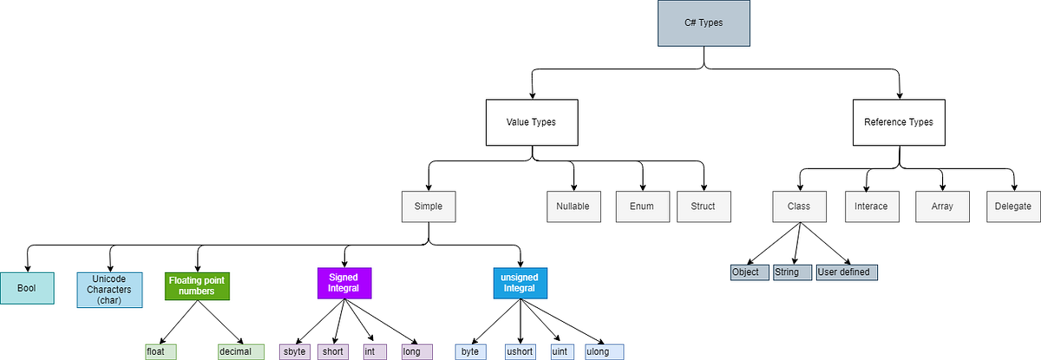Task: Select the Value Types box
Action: [x=530, y=122]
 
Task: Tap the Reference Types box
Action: [x=899, y=122]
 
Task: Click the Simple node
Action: [x=429, y=206]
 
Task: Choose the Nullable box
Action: [x=573, y=206]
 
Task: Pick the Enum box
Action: [x=642, y=206]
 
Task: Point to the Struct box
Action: [x=704, y=206]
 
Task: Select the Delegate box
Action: [x=1013, y=206]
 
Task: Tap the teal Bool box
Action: [x=27, y=287]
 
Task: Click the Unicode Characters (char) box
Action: [x=109, y=289]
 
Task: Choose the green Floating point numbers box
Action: [x=197, y=286]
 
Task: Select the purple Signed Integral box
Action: [x=344, y=283]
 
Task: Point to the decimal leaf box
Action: [x=240, y=351]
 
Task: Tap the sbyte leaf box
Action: [x=295, y=351]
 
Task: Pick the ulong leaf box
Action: [x=603, y=351]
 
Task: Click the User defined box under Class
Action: [x=848, y=272]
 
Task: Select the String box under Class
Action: [x=791, y=272]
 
